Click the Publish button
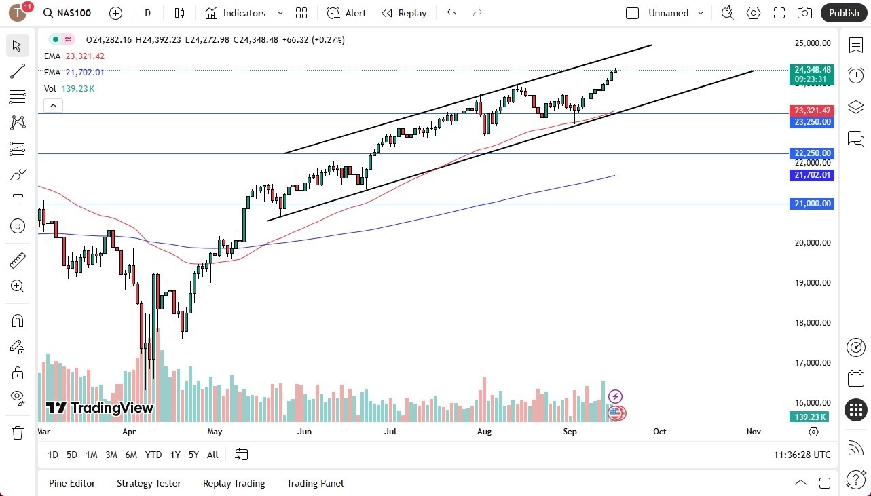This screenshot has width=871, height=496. pyautogui.click(x=844, y=13)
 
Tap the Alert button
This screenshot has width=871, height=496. pyautogui.click(x=346, y=13)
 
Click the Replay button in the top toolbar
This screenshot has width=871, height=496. pyautogui.click(x=404, y=13)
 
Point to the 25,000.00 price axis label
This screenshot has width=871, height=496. pyautogui.click(x=813, y=43)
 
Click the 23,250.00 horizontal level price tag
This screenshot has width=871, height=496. pyautogui.click(x=813, y=122)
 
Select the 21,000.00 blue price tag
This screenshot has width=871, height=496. pyautogui.click(x=813, y=204)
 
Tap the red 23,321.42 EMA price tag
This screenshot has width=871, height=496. pyautogui.click(x=813, y=110)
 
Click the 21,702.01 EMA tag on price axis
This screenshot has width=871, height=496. pyautogui.click(x=813, y=175)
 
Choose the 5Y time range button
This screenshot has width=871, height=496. pyautogui.click(x=193, y=455)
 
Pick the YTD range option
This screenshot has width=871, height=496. pyautogui.click(x=153, y=455)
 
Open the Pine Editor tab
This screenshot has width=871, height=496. pyautogui.click(x=72, y=483)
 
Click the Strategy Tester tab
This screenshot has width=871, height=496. pyautogui.click(x=149, y=483)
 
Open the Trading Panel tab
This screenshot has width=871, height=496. pyautogui.click(x=315, y=483)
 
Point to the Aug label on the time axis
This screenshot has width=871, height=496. pyautogui.click(x=484, y=432)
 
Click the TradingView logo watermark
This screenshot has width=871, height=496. pyautogui.click(x=100, y=408)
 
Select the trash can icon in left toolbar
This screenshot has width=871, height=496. pyautogui.click(x=18, y=432)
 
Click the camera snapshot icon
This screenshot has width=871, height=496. pyautogui.click(x=804, y=13)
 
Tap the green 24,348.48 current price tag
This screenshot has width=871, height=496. pyautogui.click(x=813, y=69)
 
